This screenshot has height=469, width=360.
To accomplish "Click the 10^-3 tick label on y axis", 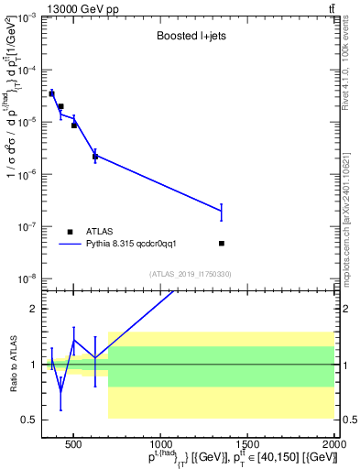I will tap(26, 17).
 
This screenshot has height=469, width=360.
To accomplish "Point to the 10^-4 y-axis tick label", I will tap(26, 70).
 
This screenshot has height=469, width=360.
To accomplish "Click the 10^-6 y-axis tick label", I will tap(26, 174).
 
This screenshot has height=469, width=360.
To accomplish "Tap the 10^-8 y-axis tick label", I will tap(26, 278).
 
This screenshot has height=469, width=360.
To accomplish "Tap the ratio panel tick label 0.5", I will tap(29, 420).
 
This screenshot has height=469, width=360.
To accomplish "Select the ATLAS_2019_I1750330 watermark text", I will tap(191, 274).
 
